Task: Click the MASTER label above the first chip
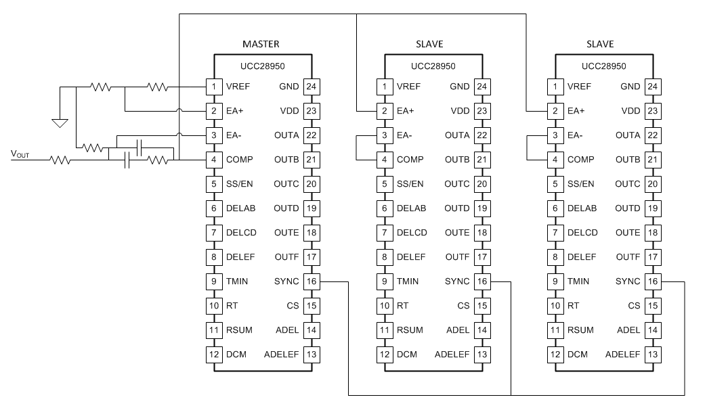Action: (x=261, y=44)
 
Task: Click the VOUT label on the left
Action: (x=20, y=154)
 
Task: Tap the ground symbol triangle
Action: (x=60, y=123)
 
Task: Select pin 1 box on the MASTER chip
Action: (x=214, y=87)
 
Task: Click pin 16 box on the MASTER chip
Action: (x=312, y=281)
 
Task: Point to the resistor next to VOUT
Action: (x=60, y=160)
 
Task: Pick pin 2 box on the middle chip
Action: (x=385, y=111)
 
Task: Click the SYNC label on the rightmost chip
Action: (x=627, y=281)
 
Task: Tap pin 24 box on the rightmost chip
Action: (x=653, y=87)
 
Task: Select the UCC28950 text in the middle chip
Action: (x=433, y=66)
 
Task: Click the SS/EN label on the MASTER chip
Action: (x=240, y=184)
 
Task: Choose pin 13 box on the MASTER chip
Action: (x=312, y=355)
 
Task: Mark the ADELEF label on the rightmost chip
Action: (x=622, y=355)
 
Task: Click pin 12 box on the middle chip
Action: (x=385, y=355)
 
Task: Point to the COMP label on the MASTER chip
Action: (x=240, y=160)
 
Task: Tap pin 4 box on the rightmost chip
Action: (x=555, y=160)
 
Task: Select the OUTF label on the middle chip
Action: (x=457, y=257)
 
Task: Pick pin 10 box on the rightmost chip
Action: (x=555, y=306)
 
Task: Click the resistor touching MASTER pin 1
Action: (x=157, y=87)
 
